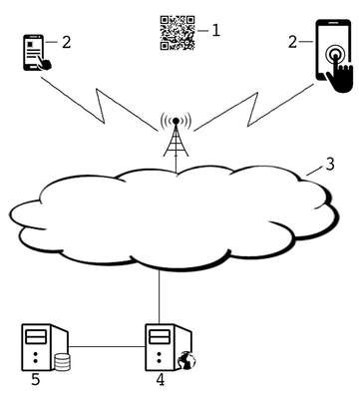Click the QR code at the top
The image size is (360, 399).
pos(178,33)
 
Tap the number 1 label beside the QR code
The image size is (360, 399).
pos(216,31)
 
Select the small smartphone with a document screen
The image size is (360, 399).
pos(36,53)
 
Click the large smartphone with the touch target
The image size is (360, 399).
pos(333,55)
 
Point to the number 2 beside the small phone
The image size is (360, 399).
pos(67,42)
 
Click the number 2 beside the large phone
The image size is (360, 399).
pos(292,42)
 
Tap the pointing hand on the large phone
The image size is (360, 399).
pos(340,75)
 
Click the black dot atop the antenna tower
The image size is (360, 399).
pos(176,121)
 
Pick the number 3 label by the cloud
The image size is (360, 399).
pos(330,165)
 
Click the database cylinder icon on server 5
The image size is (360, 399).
pos(62,362)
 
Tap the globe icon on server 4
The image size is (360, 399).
pos(186,360)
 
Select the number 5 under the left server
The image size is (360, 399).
pos(36,379)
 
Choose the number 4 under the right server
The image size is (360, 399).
pos(161,379)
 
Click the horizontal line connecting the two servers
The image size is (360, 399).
pos(107,346)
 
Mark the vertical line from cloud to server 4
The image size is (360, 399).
pos(160,296)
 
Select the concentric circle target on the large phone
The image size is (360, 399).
pos(334,53)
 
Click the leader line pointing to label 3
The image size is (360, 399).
pos(314,172)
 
